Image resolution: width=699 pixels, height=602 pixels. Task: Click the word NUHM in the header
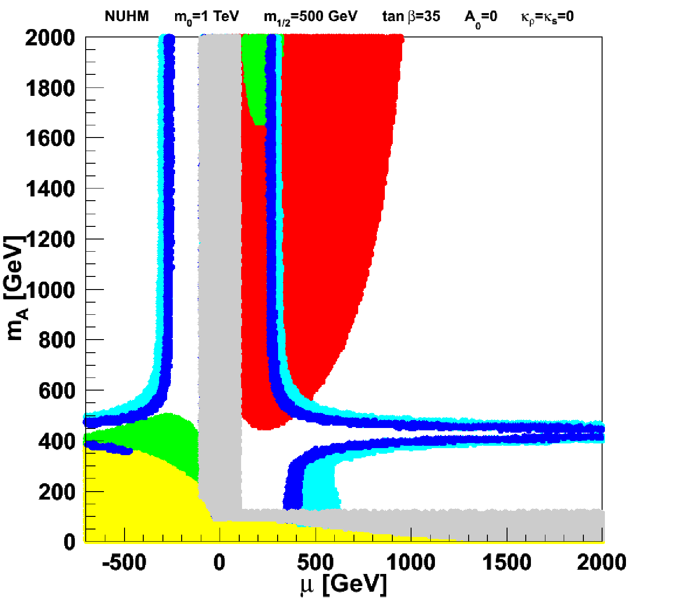coord(127,16)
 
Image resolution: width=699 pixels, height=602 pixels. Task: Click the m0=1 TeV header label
coord(206,17)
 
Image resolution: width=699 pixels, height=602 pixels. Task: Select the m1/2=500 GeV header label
coord(310,17)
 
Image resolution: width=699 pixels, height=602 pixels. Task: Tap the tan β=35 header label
coord(411,16)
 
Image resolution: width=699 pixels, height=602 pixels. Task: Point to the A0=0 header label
coord(481,18)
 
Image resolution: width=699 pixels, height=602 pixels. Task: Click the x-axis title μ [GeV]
coord(343,584)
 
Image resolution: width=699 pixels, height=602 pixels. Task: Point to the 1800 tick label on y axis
coord(50,88)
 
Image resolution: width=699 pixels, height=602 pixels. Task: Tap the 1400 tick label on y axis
coord(50,189)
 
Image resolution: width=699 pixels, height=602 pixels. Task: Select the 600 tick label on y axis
coord(57,391)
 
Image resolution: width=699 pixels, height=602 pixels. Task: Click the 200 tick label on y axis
coord(57,492)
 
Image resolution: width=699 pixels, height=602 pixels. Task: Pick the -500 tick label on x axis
coord(124,562)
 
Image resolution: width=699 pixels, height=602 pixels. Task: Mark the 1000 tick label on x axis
coord(411,562)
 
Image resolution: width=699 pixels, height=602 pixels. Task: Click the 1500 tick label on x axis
coord(507,562)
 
